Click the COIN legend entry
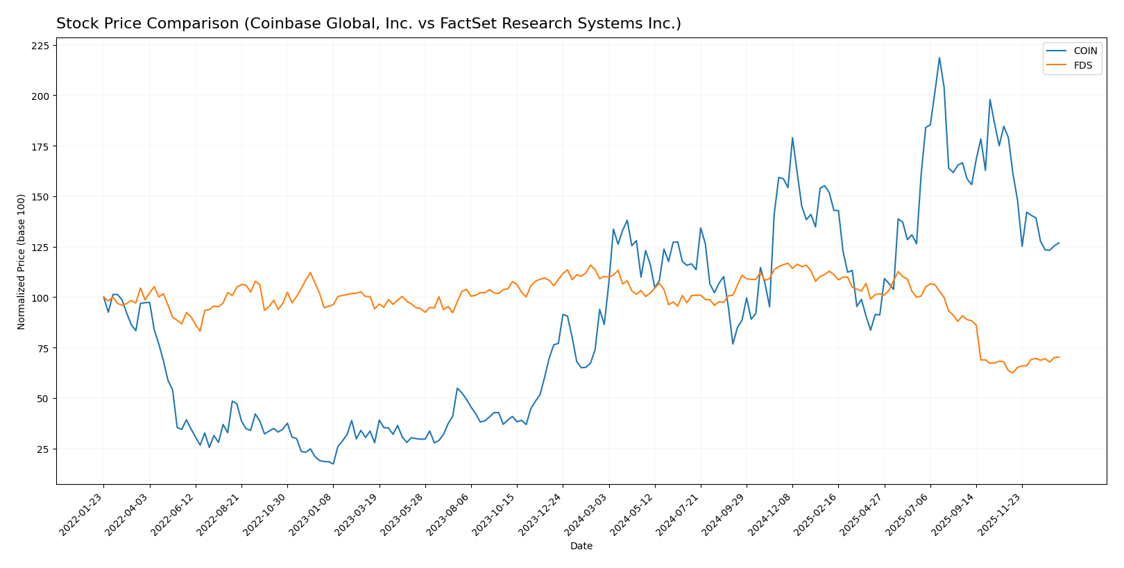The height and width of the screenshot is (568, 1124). [x=1085, y=51]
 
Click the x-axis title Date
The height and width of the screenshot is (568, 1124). [x=581, y=547]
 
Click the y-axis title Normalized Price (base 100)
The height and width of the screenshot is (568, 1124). [x=22, y=261]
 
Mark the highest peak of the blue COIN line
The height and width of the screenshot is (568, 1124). [x=939, y=58]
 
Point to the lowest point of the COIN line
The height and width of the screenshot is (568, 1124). [x=333, y=464]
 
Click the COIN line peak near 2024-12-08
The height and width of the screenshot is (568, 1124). [x=792, y=137]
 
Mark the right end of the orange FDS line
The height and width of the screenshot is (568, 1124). [x=1059, y=357]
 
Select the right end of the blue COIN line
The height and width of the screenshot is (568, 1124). [x=1059, y=243]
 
